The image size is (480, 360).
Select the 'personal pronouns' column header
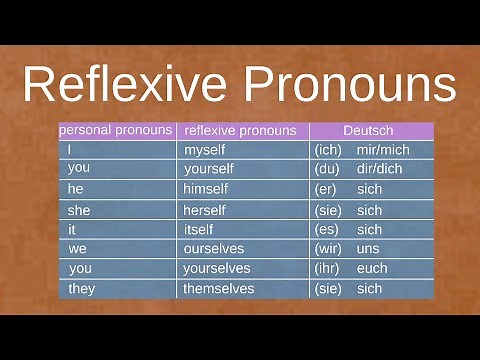(117, 130)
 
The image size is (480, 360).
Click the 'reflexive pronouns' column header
(240, 130)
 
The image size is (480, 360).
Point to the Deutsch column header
(368, 130)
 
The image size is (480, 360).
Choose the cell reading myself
(205, 150)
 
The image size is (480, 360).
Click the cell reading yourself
(207, 169)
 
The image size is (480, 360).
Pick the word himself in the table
(206, 189)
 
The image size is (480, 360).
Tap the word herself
(204, 210)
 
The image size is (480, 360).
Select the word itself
(198, 229)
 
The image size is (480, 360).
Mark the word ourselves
(213, 248)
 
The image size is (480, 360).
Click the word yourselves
(215, 268)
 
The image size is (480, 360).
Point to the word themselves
(218, 288)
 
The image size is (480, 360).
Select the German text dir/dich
(379, 169)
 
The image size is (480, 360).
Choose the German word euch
(371, 268)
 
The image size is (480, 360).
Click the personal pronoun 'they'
(81, 288)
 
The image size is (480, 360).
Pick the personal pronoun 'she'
(79, 210)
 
